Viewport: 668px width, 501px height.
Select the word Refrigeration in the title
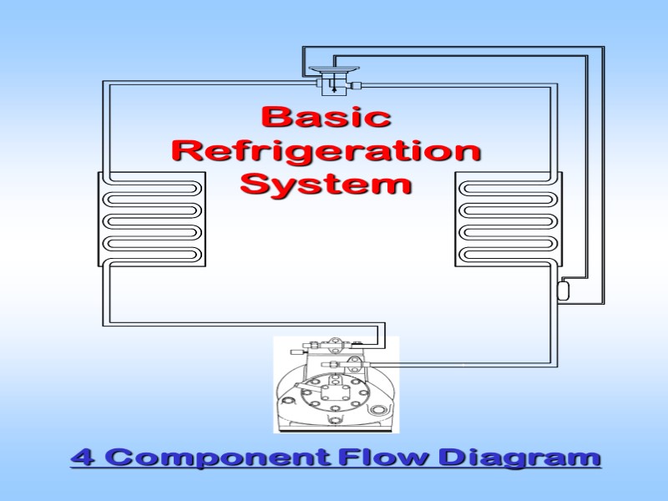click(x=326, y=152)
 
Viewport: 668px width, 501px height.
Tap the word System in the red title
click(x=326, y=185)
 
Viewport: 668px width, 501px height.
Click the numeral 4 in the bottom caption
click(x=81, y=458)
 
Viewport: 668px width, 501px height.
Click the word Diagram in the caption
click(x=519, y=458)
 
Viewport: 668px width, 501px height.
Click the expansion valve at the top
click(x=334, y=81)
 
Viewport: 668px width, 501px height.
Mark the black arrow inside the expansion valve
click(x=334, y=85)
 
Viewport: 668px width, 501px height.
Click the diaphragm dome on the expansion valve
click(x=334, y=70)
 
